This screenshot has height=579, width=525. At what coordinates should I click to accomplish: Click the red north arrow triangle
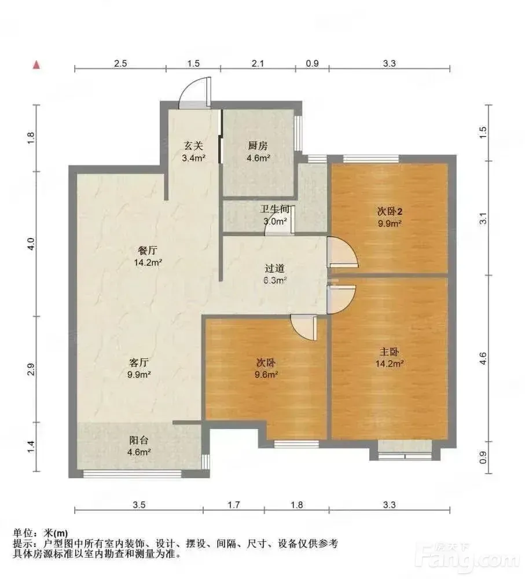36,65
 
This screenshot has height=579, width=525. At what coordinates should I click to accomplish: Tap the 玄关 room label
193,151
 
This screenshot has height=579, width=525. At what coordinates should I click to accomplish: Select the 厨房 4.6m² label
258,151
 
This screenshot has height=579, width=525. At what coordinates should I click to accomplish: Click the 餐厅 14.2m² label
148,256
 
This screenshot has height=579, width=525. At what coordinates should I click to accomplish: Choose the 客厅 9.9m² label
139,368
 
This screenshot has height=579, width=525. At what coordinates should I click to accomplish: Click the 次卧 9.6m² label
266,368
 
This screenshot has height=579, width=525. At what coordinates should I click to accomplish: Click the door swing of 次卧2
343,252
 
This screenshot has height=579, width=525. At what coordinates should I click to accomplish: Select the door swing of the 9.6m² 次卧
303,328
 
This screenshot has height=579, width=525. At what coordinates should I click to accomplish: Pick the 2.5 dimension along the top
120,63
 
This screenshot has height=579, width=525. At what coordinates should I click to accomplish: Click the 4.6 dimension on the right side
483,358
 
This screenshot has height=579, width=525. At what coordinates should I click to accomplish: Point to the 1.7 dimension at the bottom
234,504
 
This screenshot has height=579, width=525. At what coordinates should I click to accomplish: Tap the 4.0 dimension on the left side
31,244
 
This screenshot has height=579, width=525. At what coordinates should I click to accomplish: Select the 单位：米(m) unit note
41,533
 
